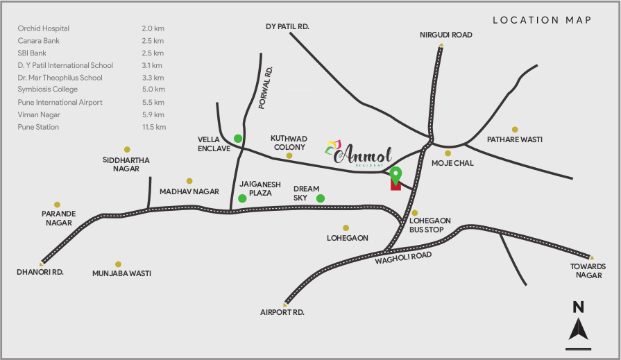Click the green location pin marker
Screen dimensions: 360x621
[395, 174]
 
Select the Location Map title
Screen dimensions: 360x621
[542, 20]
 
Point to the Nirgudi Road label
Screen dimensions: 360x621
[445, 34]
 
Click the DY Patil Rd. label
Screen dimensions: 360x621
[287, 26]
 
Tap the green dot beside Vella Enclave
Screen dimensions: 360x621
[238, 138]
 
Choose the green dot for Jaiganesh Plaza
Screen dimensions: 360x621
[242, 198]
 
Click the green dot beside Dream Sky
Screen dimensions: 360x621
[321, 198]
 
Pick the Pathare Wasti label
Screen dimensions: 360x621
[514, 139]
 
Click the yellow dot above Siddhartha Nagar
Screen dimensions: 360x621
[127, 149]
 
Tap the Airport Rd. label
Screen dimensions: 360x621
[282, 312]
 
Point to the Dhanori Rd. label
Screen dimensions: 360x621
[40, 273]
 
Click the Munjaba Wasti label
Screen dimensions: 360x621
[121, 273]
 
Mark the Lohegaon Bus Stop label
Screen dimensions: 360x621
[430, 225]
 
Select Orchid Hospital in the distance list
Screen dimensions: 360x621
[43, 28]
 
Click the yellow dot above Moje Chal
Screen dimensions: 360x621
[448, 153]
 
